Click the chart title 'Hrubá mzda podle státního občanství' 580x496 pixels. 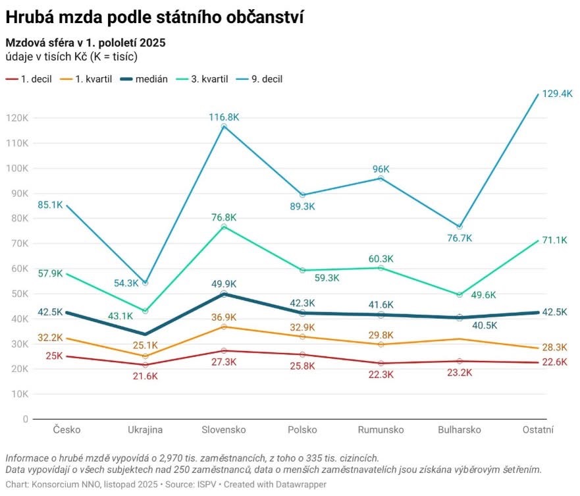[x=155, y=16]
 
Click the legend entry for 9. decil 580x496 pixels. [x=267, y=79]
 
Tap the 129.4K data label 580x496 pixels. [x=557, y=94]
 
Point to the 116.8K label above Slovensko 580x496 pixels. [x=224, y=117]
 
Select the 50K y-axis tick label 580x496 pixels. [x=19, y=294]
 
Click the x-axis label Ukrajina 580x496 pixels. [x=145, y=430]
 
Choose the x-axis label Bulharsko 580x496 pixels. [x=460, y=430]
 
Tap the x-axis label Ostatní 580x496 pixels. [x=539, y=430]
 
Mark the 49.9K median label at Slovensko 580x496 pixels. [x=224, y=284]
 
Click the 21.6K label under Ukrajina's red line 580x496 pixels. [x=145, y=375]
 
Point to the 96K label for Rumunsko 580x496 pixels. [x=381, y=169]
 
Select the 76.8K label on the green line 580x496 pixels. [x=224, y=217]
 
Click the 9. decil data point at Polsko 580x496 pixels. [x=302, y=195]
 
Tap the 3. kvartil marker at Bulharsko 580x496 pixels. [x=460, y=294]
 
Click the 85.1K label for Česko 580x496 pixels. [x=51, y=204]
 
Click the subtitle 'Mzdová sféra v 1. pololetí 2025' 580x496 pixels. [x=86, y=43]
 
